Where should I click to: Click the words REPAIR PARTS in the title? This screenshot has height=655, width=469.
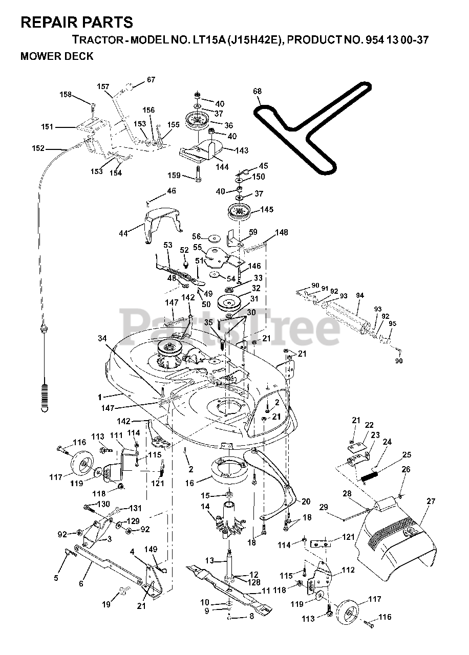pos(77,23)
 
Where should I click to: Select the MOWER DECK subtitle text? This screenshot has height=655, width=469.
pos(57,57)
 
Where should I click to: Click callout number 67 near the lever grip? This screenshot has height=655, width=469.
pos(151,79)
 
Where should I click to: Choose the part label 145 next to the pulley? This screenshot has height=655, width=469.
pos(267,209)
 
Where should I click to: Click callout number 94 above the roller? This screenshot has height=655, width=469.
pos(359,295)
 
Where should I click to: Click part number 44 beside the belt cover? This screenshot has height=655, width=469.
pos(123,233)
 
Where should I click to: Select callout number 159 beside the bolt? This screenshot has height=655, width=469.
pos(175,176)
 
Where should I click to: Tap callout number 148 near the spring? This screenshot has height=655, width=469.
pos(282,233)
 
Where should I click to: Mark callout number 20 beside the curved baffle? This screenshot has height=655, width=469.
pos(306,501)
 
